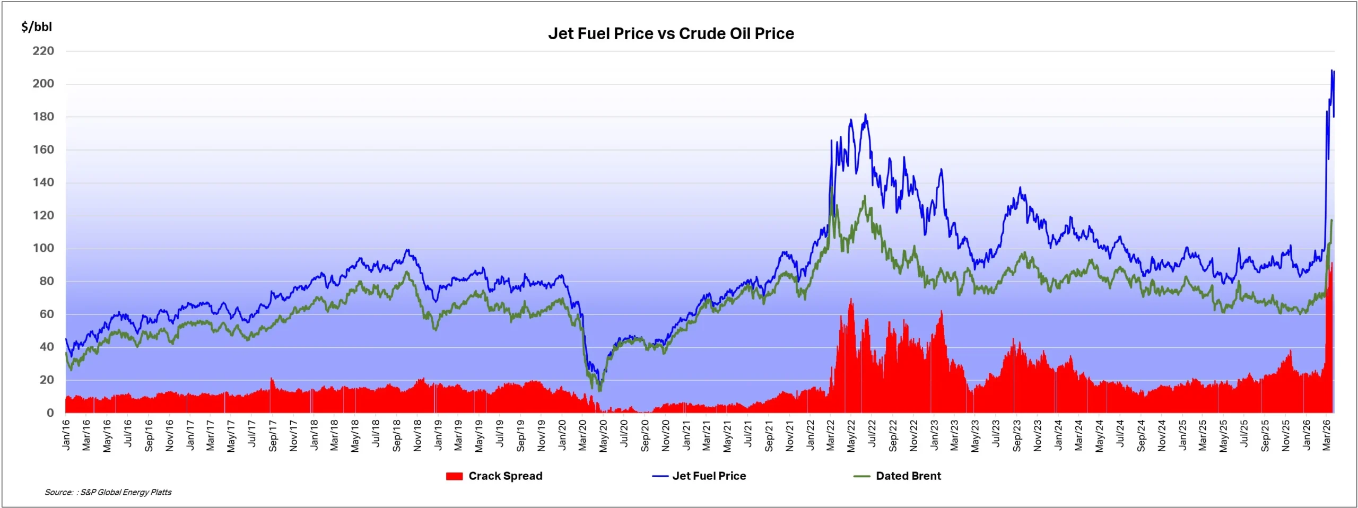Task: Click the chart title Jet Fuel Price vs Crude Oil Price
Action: [671, 33]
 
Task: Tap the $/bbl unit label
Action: [37, 27]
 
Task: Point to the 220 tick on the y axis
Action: [43, 51]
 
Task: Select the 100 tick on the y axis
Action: [43, 248]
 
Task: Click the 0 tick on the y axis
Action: [50, 413]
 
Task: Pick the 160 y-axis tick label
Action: [43, 150]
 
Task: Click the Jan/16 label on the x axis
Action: [66, 435]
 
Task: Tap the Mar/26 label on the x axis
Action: [1327, 435]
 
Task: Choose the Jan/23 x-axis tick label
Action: [934, 435]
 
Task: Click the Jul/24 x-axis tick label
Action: [1120, 434]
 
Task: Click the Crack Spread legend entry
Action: [505, 476]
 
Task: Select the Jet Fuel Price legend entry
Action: [709, 476]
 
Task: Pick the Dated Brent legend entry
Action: [908, 476]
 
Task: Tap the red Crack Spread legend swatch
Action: [454, 476]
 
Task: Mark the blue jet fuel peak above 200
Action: [1331, 70]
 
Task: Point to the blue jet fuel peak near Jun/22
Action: [865, 114]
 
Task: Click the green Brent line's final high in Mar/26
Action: [1331, 220]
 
